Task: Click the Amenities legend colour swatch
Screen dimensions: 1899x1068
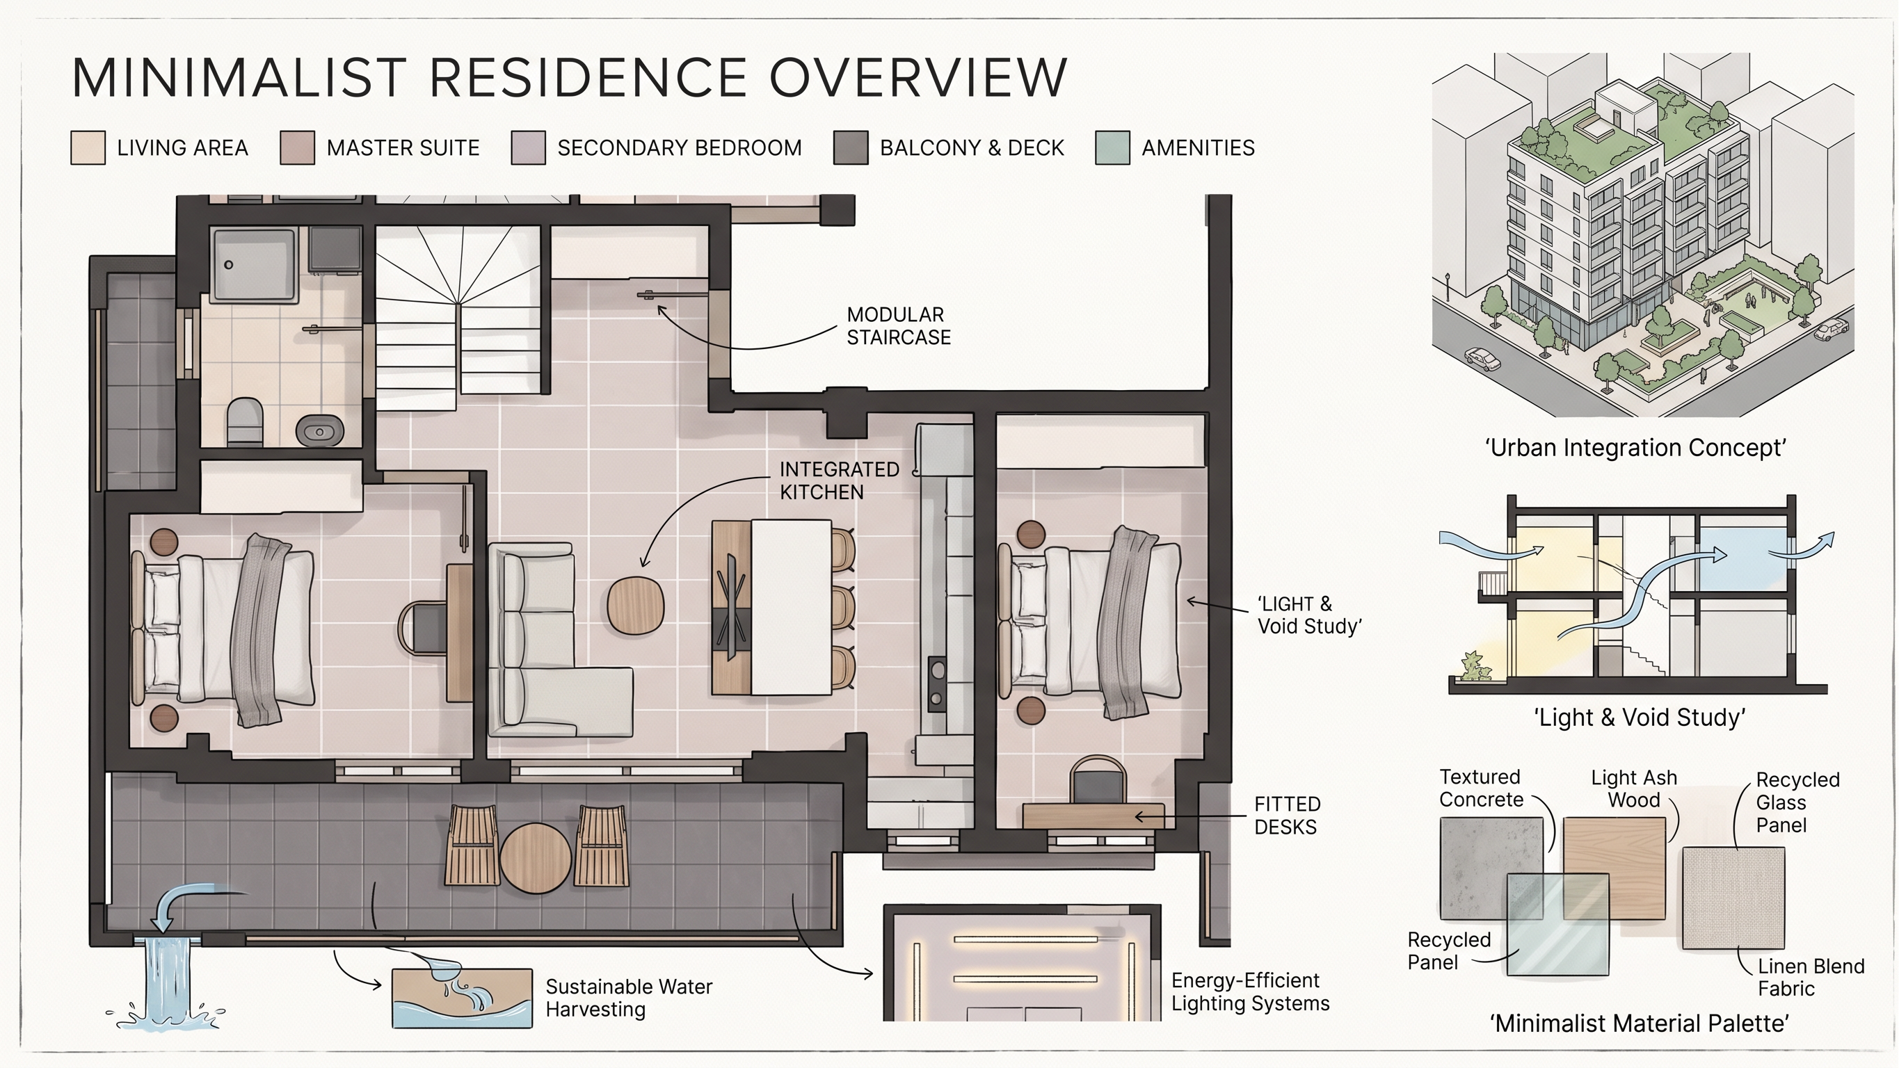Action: click(1112, 147)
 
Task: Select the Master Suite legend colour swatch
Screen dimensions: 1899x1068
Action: click(297, 147)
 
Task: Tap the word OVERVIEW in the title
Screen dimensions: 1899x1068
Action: click(918, 77)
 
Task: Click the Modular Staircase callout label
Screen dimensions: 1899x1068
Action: click(899, 326)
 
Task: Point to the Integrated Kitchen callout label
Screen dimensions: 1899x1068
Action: click(840, 480)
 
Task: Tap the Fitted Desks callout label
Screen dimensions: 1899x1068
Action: click(1287, 815)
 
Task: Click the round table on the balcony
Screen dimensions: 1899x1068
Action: click(536, 858)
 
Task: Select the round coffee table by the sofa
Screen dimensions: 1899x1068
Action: click(636, 604)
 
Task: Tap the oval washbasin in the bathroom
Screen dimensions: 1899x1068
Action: click(320, 430)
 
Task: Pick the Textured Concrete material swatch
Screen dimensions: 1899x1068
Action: click(1491, 868)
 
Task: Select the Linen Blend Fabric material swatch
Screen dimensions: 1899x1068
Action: click(1734, 898)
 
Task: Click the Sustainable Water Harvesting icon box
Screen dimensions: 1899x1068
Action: click(462, 998)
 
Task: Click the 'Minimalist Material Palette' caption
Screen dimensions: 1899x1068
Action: click(1640, 1023)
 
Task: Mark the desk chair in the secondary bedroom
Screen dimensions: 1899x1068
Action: click(1098, 782)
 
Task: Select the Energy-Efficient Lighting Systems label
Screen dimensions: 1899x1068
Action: click(1250, 992)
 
